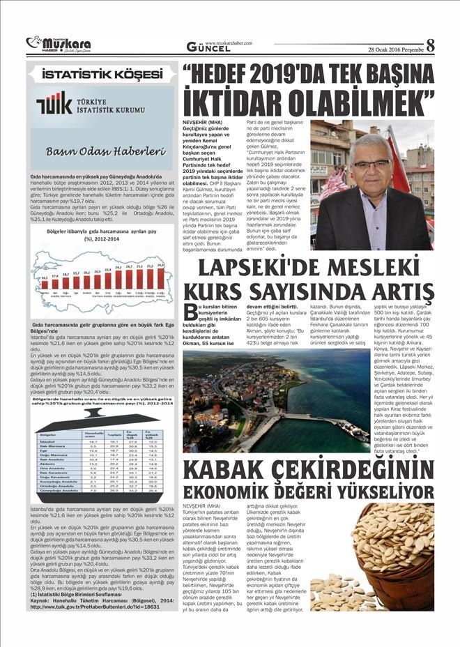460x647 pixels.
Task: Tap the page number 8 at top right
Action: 431,44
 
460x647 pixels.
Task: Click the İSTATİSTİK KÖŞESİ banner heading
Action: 100,73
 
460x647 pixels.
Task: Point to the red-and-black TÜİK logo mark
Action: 54,105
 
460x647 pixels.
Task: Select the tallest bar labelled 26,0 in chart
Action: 161,277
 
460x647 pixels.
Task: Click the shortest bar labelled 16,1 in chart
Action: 44,283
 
